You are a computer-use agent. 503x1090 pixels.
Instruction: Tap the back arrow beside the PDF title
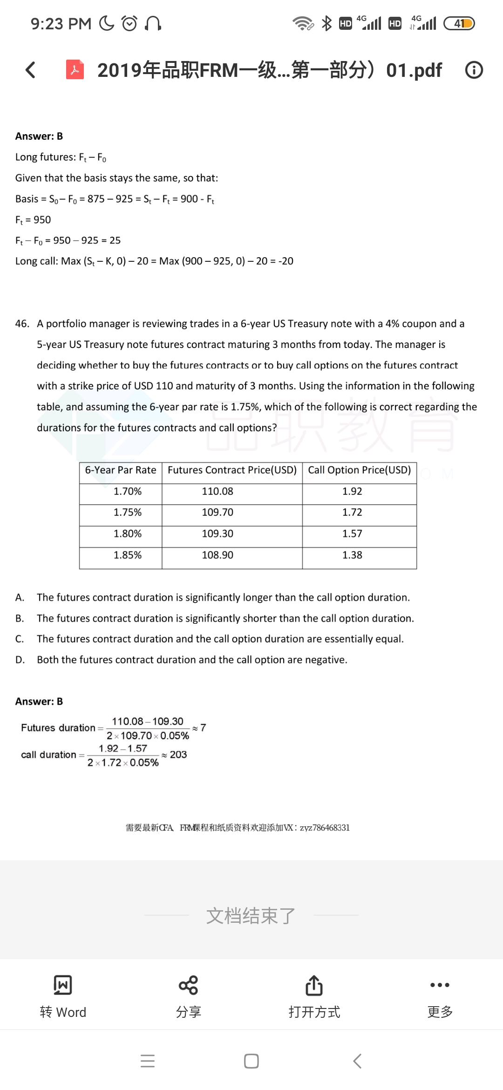point(30,70)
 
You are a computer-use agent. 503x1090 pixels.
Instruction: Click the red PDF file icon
point(75,70)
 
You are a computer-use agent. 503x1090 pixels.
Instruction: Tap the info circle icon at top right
point(474,70)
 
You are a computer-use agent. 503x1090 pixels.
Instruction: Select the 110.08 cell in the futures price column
point(218,491)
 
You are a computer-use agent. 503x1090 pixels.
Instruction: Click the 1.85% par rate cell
point(127,555)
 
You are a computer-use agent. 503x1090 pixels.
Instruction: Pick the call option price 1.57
point(352,534)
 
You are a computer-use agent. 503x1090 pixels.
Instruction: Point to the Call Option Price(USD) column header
point(359,470)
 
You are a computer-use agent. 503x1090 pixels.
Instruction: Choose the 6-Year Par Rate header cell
point(120,470)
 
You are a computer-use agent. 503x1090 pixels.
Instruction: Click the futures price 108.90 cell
point(218,555)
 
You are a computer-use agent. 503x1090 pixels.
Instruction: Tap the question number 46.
point(22,324)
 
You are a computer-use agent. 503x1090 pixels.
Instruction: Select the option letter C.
point(20,639)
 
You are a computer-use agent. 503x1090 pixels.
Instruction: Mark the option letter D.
point(20,660)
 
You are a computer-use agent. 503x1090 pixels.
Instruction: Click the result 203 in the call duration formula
point(178,755)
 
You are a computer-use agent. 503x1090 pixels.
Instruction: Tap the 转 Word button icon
point(63,985)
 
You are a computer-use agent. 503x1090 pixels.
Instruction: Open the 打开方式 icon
point(314,985)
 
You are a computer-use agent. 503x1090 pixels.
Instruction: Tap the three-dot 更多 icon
point(440,985)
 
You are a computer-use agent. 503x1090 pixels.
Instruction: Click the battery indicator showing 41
point(459,23)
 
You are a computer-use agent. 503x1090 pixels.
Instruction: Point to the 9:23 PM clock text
point(61,24)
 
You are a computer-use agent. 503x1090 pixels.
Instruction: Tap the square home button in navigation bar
point(251,1061)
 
